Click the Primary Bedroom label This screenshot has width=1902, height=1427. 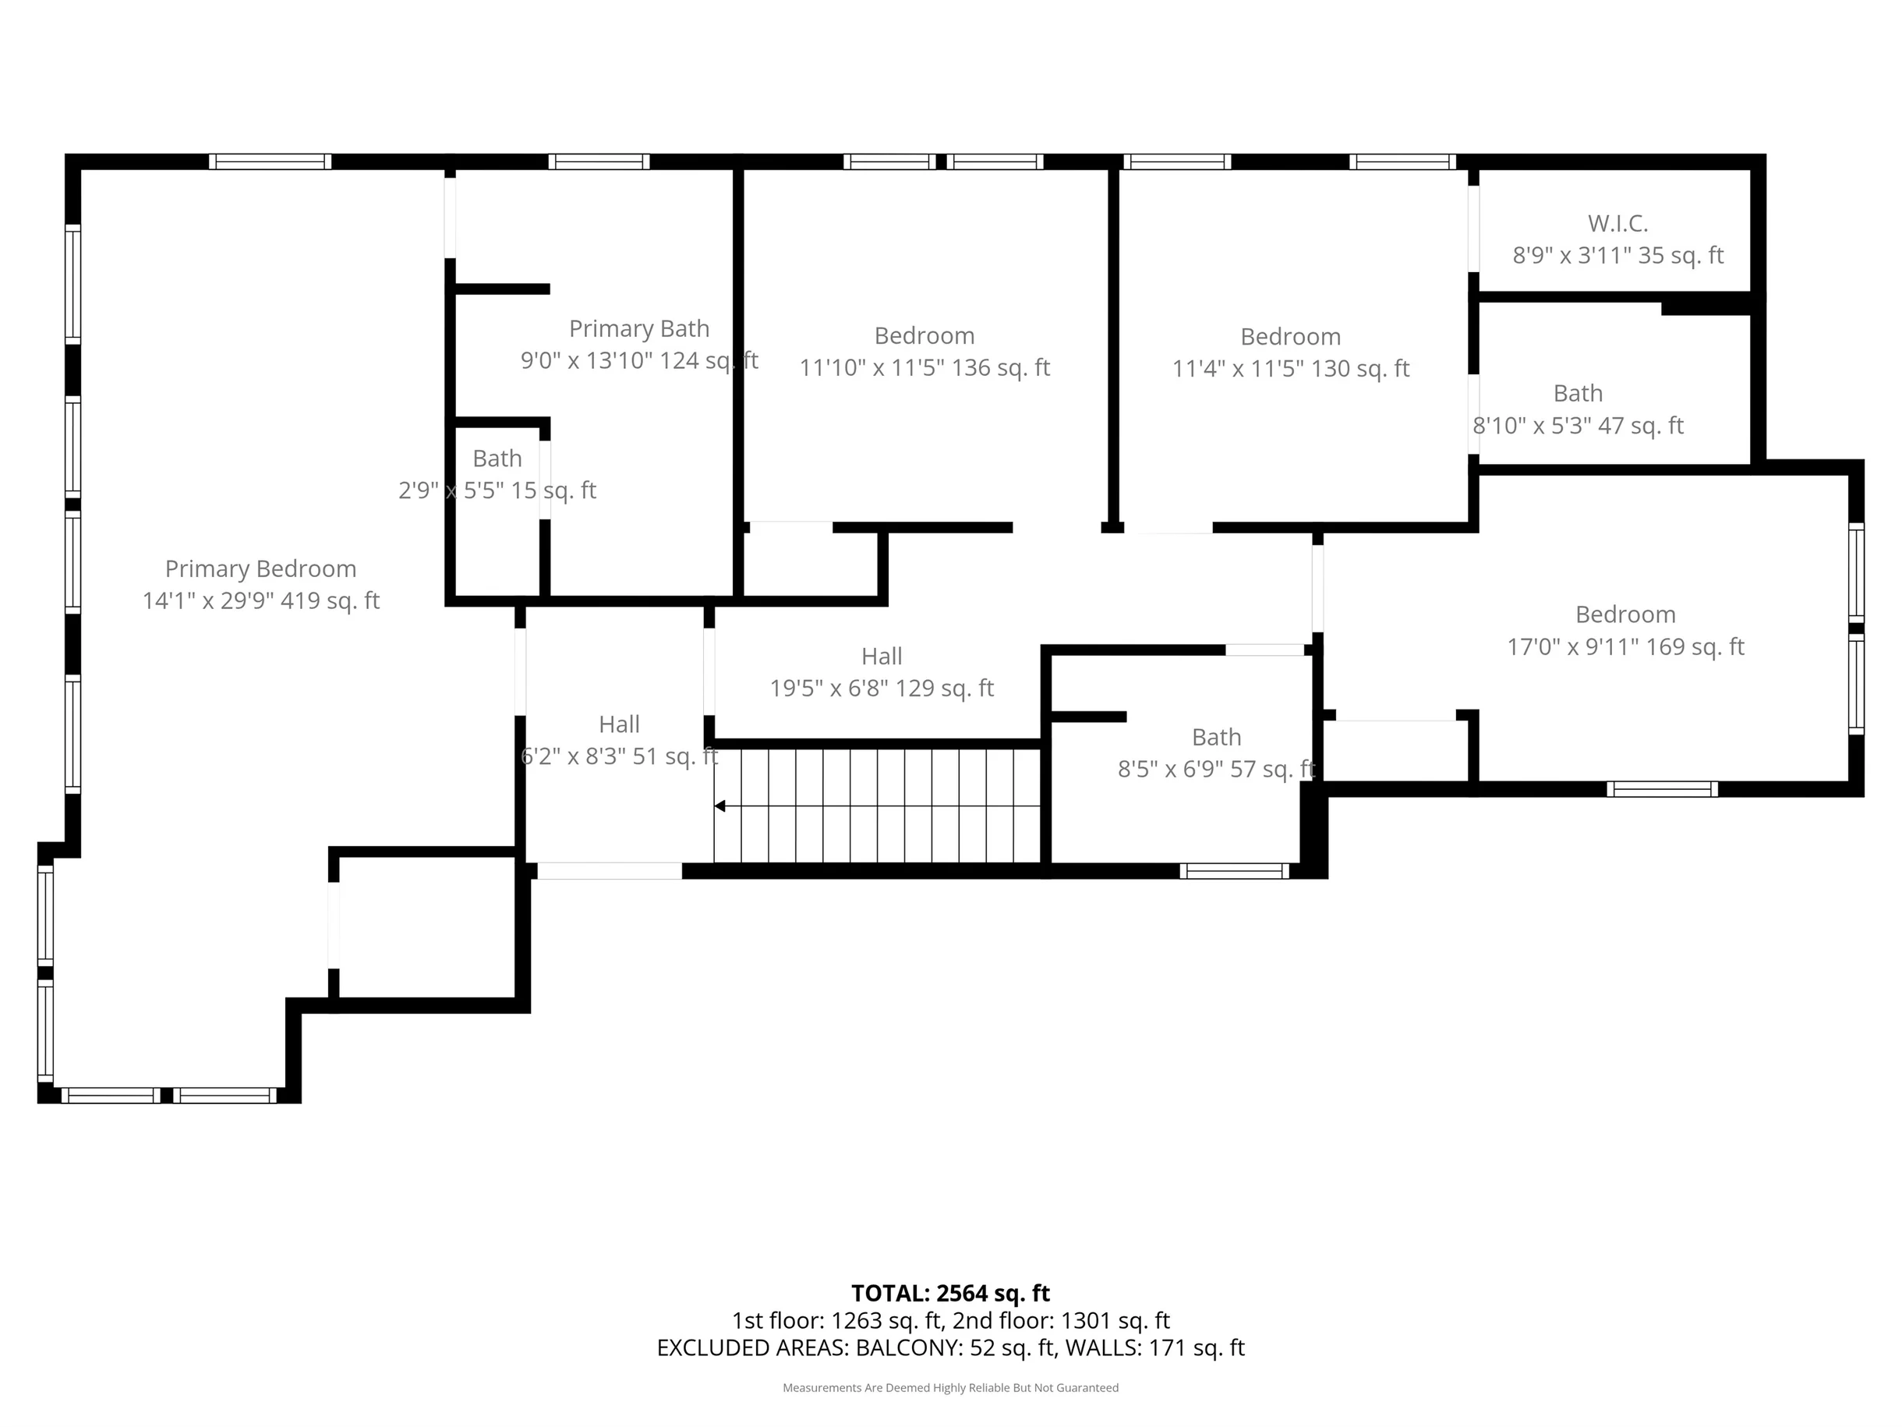click(x=260, y=568)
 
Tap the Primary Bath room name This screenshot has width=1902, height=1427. click(x=639, y=328)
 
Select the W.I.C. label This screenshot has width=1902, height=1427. click(x=1617, y=224)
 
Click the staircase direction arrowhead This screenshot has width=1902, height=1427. click(x=720, y=806)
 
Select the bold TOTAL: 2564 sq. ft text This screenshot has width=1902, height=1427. click(x=950, y=1293)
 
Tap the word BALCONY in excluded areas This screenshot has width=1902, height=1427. click(x=908, y=1348)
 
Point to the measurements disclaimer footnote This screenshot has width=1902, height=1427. click(x=950, y=1387)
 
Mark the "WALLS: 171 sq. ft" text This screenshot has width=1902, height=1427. click(x=1154, y=1348)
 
